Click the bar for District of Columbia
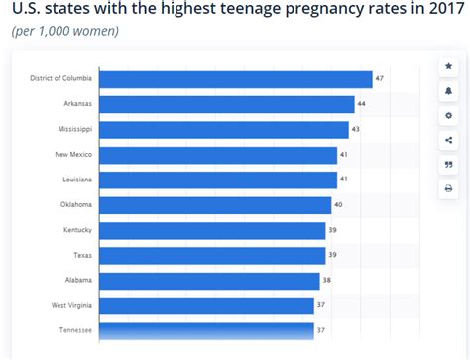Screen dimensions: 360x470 pos(236,79)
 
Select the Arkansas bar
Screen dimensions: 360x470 pos(227,104)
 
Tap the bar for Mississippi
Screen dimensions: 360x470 pos(224,129)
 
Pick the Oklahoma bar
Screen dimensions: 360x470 pos(215,205)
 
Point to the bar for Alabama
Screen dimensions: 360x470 pos(209,281)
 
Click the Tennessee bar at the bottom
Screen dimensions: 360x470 pos(206,330)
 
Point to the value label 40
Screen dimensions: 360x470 pos(339,205)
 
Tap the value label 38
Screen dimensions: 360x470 pos(327,281)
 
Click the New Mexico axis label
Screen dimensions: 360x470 pos(74,155)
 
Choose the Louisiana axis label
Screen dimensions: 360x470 pos(76,180)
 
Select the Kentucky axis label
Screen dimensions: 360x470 pos(77,230)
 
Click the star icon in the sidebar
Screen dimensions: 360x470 pos(448,66)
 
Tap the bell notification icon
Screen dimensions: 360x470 pos(448,91)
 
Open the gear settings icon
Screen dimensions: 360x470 pos(448,115)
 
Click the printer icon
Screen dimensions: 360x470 pos(448,188)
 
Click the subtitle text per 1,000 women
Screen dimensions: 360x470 pos(64,31)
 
